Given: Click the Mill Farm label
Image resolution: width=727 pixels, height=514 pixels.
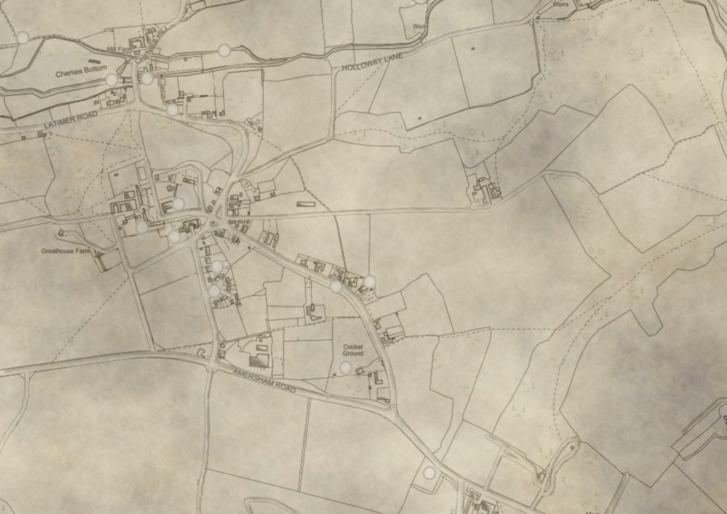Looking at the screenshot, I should (119, 49).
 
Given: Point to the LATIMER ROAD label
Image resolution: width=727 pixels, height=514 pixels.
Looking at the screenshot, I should (71, 120).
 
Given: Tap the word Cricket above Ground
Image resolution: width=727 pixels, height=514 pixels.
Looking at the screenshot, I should (353, 347).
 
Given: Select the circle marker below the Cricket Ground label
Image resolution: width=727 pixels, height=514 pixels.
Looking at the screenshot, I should (346, 368).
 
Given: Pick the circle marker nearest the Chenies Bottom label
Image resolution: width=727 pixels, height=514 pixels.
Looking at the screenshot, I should (112, 80).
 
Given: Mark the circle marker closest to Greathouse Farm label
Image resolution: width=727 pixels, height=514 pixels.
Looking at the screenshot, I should (142, 227).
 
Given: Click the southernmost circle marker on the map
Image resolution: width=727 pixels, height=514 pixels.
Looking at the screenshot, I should (429, 473).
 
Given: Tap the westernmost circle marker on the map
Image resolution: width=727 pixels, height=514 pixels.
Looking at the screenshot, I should (23, 38).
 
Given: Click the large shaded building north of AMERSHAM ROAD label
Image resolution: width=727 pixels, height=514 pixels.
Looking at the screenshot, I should (259, 361).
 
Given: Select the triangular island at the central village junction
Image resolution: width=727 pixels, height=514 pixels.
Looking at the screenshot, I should (214, 223).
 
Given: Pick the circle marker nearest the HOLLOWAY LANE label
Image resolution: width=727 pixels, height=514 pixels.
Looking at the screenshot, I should (225, 51).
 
